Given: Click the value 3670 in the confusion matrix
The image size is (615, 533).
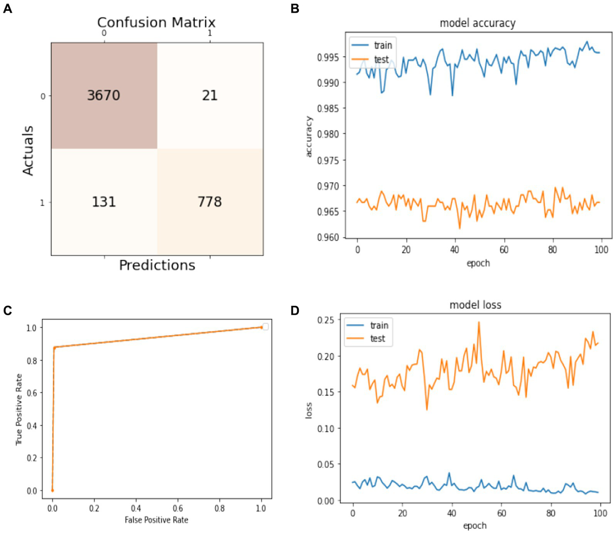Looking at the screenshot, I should point(104,95).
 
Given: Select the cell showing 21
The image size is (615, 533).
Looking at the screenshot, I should point(210,95).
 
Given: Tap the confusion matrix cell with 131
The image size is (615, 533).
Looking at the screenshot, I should point(104,202).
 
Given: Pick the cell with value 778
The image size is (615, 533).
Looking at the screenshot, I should point(210,202).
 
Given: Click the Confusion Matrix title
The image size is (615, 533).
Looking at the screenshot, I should point(156,22).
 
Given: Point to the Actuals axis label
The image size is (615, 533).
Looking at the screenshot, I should point(28,150).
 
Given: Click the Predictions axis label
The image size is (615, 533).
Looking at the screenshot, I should point(157,265).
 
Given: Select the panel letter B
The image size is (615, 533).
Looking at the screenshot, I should point(295,8).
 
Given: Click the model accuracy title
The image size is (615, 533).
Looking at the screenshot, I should point(478,23).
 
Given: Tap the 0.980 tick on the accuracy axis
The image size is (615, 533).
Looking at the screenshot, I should point(328,134).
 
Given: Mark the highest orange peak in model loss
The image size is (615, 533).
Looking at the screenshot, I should point(479,322).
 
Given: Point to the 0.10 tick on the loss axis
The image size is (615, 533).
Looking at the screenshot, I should point(325,428).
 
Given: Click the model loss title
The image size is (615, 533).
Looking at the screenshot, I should point(475,305).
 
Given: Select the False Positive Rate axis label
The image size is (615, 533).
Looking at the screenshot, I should point(156,520).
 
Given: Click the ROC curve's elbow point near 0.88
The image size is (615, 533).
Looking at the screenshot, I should point(55,347).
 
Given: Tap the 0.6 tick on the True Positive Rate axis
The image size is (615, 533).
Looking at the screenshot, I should point(32,393).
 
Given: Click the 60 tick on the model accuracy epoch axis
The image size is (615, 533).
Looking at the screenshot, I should point(504,250).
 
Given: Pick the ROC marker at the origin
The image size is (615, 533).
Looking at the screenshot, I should point(52,490).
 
